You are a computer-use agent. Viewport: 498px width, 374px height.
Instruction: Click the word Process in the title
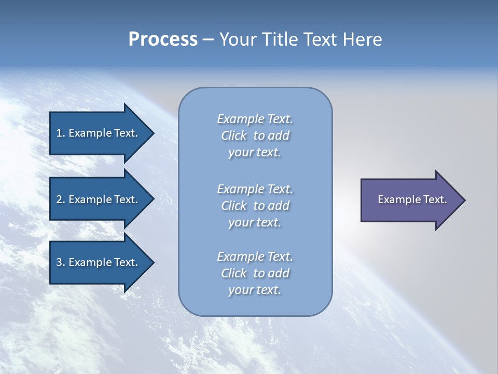coord(163,39)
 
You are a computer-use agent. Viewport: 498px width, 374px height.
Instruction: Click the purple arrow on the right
coord(410,200)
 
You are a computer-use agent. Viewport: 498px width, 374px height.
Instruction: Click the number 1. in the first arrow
coord(61,133)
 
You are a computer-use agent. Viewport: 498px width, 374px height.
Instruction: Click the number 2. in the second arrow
coord(61,199)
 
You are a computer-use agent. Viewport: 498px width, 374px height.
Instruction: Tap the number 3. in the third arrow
coord(61,262)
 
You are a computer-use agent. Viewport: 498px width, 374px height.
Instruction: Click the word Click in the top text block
coord(234,136)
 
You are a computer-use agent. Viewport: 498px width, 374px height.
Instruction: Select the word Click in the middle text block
coord(234,206)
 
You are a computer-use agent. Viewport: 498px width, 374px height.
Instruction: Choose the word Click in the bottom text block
coord(234,274)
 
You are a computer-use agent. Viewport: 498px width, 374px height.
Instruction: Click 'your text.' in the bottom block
coord(255,290)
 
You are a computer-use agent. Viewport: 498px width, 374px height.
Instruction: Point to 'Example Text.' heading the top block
coord(255,119)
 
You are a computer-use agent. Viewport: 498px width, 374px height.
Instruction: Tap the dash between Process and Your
coord(208,39)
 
